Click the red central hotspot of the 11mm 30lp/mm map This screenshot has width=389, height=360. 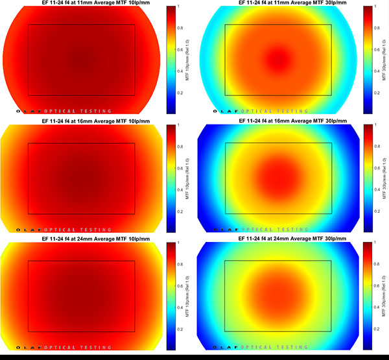tap(278, 57)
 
